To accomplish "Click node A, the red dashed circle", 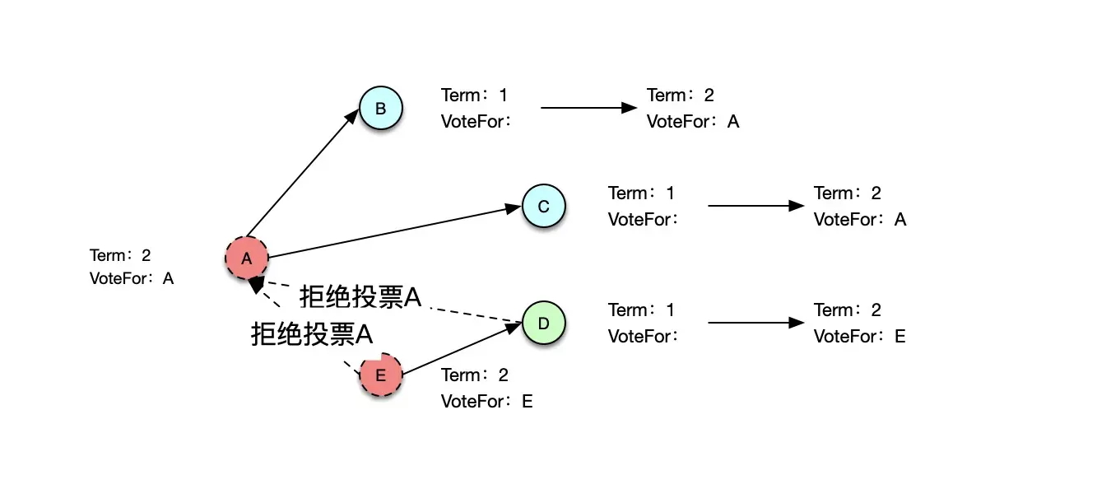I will point(246,258).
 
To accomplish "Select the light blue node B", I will point(380,109).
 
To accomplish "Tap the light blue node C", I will point(543,206).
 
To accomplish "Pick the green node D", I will point(543,323).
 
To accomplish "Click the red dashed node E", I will point(380,375).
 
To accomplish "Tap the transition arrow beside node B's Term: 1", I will point(588,108).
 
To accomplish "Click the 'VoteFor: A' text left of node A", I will point(132,278).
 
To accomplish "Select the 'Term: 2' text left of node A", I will point(120,255).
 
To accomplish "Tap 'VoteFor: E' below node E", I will point(486,402).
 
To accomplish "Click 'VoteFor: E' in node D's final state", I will point(859,336).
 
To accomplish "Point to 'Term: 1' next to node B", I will point(474,95).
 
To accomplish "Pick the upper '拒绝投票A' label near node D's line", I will point(360,297).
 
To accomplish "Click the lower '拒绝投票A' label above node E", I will point(312,334).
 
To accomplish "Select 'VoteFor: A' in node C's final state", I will point(859,219).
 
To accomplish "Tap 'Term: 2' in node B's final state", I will point(680,95).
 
